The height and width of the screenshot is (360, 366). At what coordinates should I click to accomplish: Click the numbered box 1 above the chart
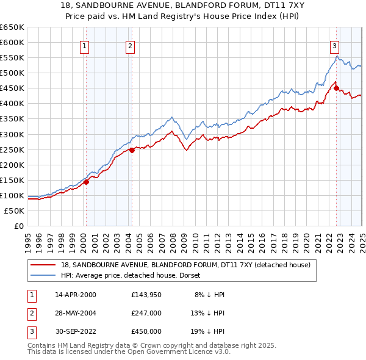pos(84,45)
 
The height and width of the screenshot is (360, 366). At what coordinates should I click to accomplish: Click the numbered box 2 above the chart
pos(131,45)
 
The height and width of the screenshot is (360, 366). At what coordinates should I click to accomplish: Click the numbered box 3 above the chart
pos(335,45)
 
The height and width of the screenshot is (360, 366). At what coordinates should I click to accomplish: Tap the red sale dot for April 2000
pos(86,181)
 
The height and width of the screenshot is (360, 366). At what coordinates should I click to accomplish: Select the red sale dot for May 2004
pos(132,149)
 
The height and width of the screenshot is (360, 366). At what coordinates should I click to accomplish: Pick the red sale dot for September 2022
pos(336,88)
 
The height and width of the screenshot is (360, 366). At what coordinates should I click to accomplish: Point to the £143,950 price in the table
pos(146,295)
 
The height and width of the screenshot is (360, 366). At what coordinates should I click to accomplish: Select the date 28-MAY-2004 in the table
pos(76,312)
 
